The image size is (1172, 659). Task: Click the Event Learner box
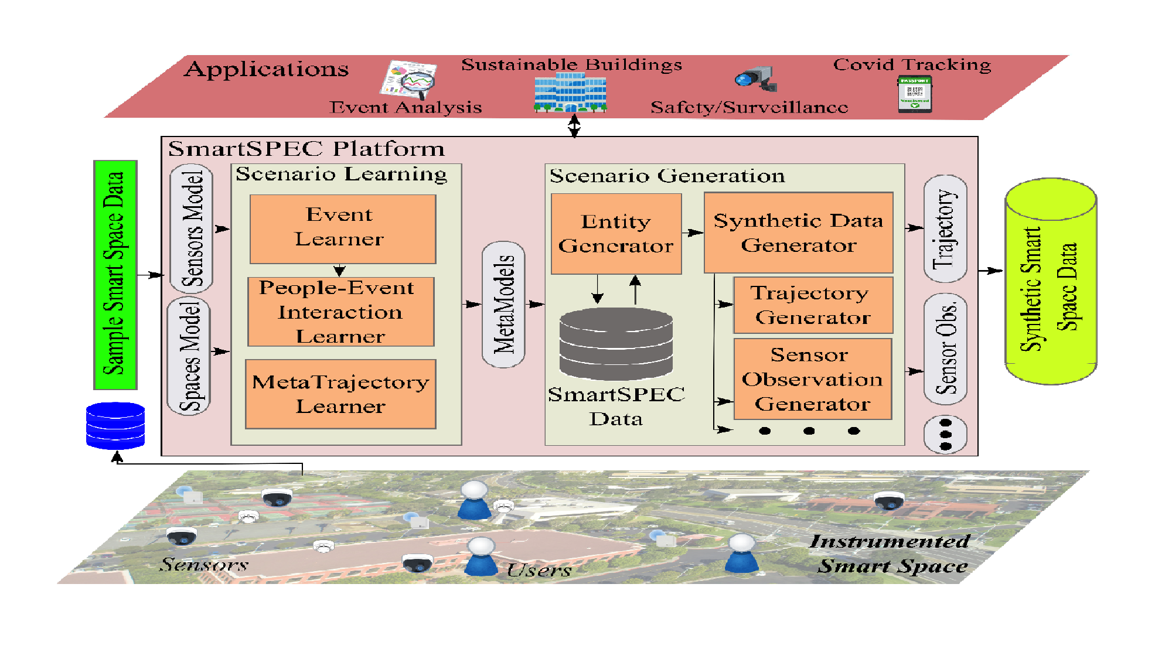342,228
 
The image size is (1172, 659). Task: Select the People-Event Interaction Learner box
340,312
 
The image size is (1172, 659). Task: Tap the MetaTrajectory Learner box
340,394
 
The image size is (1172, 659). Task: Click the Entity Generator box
616,234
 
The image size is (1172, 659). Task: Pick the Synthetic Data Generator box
798,233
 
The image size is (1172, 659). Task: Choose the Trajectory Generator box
813,305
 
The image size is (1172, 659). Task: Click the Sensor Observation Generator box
813,379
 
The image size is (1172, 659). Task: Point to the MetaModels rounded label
503,304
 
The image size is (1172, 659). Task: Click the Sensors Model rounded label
192,228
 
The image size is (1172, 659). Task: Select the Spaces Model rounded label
189,356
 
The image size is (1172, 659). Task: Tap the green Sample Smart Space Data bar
115,274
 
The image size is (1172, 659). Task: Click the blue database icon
115,425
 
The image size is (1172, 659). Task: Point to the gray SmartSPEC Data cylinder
616,344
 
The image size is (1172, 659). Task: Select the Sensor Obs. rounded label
945,349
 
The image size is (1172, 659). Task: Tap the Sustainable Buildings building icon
570,93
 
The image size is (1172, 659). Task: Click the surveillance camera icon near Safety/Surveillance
757,78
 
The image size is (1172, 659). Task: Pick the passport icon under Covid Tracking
914,94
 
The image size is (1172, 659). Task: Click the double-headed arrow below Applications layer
574,126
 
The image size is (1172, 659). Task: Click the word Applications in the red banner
267,69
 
